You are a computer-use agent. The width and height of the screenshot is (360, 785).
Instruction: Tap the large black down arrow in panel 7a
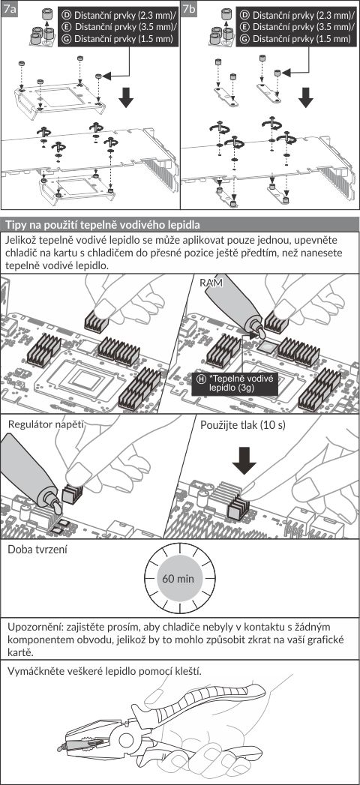coord(126,98)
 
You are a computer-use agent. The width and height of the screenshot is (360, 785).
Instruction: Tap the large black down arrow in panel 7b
coord(305,98)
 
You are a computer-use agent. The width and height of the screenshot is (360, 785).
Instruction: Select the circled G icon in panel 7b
coord(246,38)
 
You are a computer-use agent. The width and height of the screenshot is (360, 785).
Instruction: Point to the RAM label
coord(210,283)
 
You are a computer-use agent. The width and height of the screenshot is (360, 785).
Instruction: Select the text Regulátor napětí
coord(45,425)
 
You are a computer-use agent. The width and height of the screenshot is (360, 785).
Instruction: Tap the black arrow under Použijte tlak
coord(244,460)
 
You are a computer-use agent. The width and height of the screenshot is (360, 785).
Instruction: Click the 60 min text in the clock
coord(178,580)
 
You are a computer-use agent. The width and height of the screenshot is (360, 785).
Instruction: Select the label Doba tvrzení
coord(37,550)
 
